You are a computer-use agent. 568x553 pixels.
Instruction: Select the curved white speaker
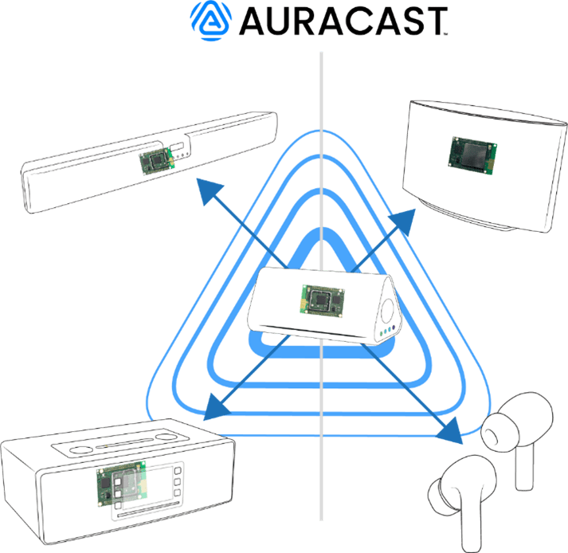click(x=483, y=167)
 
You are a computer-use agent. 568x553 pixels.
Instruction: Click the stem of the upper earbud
click(x=523, y=466)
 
